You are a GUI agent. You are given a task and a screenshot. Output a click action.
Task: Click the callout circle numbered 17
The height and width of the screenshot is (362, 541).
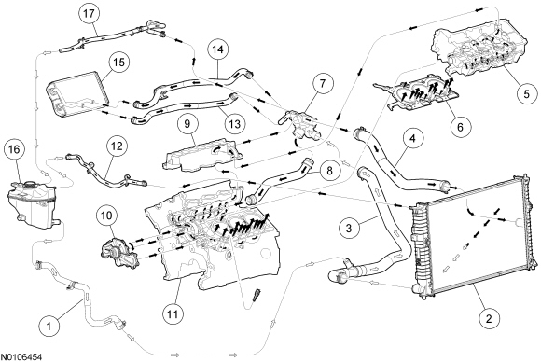[89, 13]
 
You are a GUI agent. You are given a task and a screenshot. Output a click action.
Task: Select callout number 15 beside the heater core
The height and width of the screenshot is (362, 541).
[118, 63]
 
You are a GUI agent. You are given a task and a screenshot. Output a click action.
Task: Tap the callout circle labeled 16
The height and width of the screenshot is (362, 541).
[15, 150]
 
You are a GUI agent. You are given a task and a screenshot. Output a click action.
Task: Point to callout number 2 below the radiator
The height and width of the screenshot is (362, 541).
[488, 319]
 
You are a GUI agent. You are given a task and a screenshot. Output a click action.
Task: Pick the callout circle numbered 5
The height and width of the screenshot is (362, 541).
[526, 94]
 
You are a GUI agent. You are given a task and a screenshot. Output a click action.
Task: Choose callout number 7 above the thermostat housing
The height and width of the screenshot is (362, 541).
[322, 84]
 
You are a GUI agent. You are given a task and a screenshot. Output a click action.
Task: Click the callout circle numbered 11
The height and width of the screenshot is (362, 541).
[173, 314]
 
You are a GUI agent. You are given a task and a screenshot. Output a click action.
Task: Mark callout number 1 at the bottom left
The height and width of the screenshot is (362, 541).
[49, 326]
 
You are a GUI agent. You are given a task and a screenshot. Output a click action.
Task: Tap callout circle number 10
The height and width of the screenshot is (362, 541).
[106, 216]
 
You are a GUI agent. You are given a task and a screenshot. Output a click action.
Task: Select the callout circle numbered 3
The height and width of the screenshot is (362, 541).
[349, 228]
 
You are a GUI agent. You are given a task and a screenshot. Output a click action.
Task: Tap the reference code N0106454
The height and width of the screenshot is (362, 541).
[21, 356]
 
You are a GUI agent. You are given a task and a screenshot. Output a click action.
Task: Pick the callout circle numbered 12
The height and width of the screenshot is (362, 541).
[117, 146]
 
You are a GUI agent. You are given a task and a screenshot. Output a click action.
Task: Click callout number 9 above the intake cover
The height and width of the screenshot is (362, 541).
[187, 124]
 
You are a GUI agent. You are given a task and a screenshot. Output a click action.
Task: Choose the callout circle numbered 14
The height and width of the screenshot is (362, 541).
[218, 49]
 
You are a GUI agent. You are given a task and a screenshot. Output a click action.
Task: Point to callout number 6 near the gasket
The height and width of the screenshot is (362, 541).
[460, 127]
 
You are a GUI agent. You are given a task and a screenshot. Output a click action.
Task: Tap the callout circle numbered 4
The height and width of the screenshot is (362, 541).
[412, 139]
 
